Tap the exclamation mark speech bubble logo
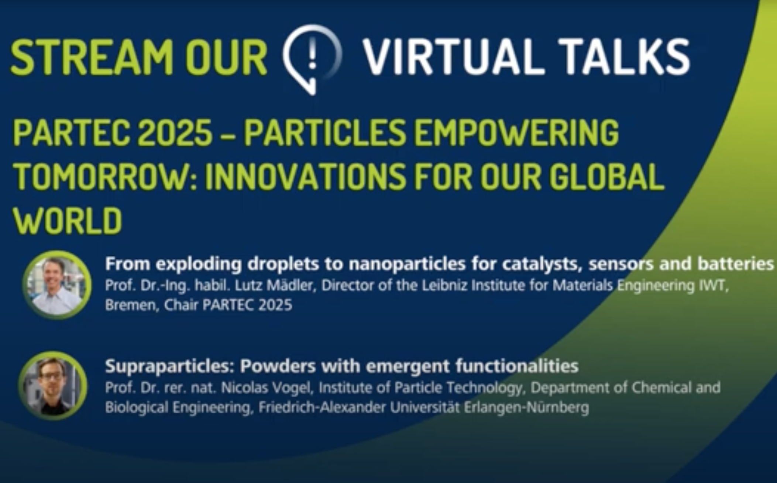312,59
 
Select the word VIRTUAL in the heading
454,57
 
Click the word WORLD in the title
68,221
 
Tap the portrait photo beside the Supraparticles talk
53,386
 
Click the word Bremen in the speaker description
132,306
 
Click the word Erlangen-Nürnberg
526,408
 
